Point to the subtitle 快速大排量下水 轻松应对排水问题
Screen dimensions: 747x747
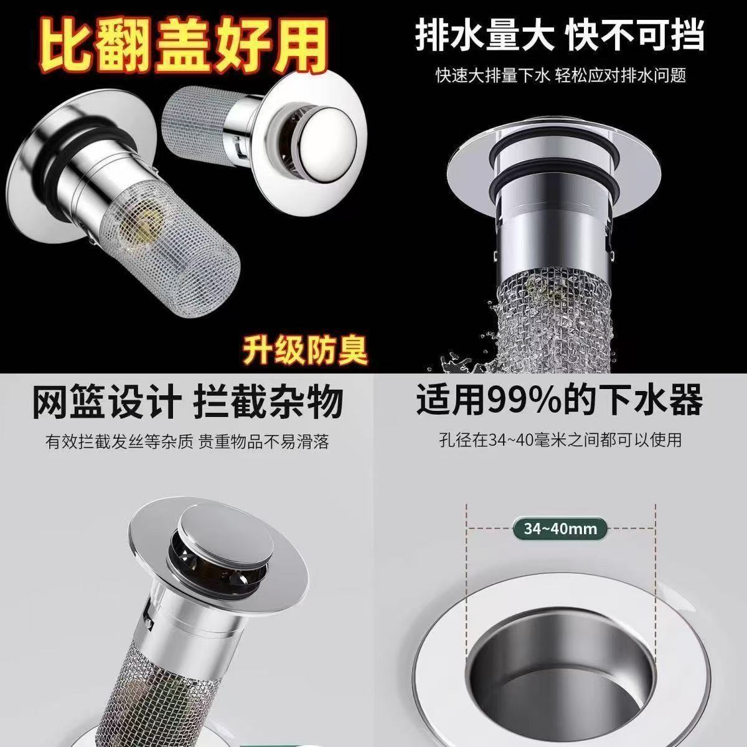click(560, 76)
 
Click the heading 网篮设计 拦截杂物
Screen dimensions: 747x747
click(187, 402)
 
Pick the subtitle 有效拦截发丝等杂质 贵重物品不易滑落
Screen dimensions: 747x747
click(187, 442)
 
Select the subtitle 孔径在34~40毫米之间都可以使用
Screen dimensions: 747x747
click(560, 440)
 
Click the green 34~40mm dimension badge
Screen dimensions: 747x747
click(560, 529)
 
